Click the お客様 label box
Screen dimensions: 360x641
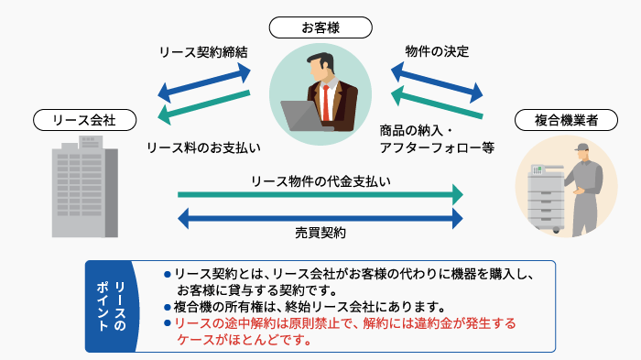tap(320, 27)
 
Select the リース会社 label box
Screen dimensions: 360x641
tap(84, 120)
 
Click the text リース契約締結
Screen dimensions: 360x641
tap(203, 52)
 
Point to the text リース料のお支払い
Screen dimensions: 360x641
tap(203, 147)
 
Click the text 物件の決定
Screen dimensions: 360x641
tap(438, 52)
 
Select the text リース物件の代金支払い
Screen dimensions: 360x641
tap(320, 180)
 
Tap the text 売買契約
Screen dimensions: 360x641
tap(320, 233)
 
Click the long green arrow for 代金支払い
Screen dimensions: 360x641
tap(320, 194)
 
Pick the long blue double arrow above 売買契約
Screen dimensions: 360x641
tap(320, 217)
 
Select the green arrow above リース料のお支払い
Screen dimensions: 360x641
tap(203, 104)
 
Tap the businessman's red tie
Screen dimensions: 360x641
tap(324, 104)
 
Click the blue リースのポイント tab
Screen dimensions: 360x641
tap(110, 307)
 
